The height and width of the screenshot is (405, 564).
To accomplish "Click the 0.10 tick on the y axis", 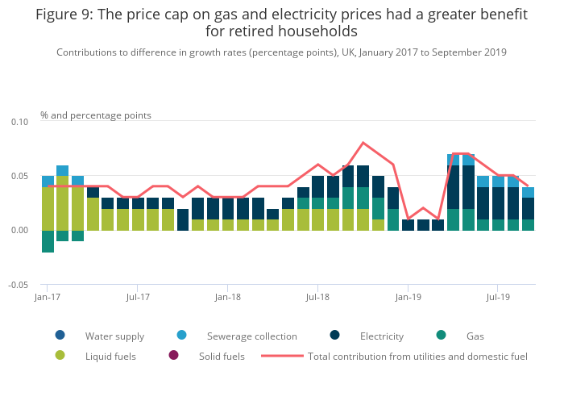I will (x=19, y=122).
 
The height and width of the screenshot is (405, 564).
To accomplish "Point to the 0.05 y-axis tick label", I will (x=19, y=176).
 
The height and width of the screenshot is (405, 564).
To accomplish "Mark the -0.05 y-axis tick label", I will (x=18, y=285).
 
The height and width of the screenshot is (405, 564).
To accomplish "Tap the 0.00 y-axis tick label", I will (x=19, y=230).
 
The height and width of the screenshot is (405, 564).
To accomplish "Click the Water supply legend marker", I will (x=60, y=336).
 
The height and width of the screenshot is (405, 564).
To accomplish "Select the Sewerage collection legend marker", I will (x=181, y=336).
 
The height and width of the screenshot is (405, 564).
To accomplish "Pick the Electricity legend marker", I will (x=335, y=336).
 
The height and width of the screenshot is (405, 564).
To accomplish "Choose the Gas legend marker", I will (x=442, y=336).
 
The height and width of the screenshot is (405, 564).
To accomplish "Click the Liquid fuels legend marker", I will (x=60, y=356).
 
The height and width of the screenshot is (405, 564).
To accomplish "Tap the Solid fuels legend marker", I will (x=173, y=356).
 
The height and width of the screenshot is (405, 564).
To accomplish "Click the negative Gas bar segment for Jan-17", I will (x=48, y=241).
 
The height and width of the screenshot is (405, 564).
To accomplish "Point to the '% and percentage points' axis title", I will (x=96, y=115).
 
